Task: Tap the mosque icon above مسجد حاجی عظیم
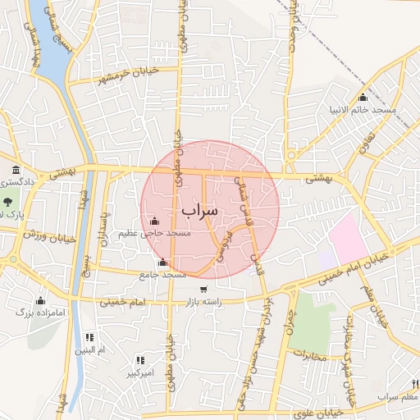155,220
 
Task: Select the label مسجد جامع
163,274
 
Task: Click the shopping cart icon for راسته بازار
203,290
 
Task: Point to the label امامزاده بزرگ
35,313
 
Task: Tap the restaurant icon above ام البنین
90,337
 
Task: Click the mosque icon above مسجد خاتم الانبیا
363,98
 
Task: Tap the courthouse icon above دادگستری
16,169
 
